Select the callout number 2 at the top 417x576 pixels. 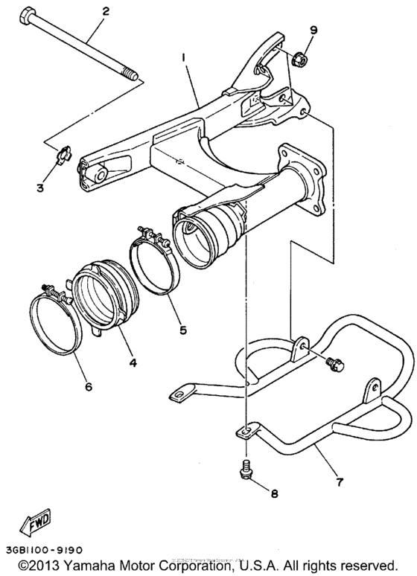(105, 11)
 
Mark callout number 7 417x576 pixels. (340, 482)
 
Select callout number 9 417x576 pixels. (313, 31)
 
